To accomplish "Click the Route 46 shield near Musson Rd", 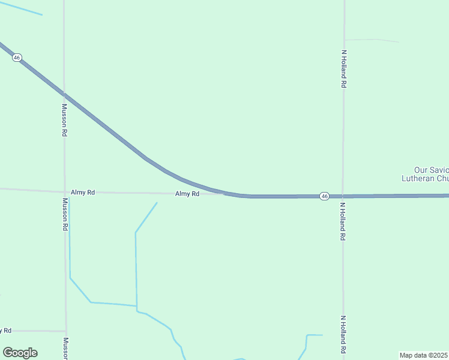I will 17,58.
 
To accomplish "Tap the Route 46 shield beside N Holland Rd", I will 324,196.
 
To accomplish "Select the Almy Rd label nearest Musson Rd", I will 83,193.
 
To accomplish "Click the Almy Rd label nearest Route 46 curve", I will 187,194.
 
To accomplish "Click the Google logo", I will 20,353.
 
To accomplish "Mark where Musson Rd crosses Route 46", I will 64,95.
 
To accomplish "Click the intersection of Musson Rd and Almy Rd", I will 65,192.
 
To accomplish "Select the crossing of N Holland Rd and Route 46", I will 343,196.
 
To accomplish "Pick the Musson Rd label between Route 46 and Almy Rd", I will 64,120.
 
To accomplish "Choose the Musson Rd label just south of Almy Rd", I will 65,215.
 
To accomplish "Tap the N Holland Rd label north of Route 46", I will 345,70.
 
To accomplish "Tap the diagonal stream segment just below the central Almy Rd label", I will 146,217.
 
